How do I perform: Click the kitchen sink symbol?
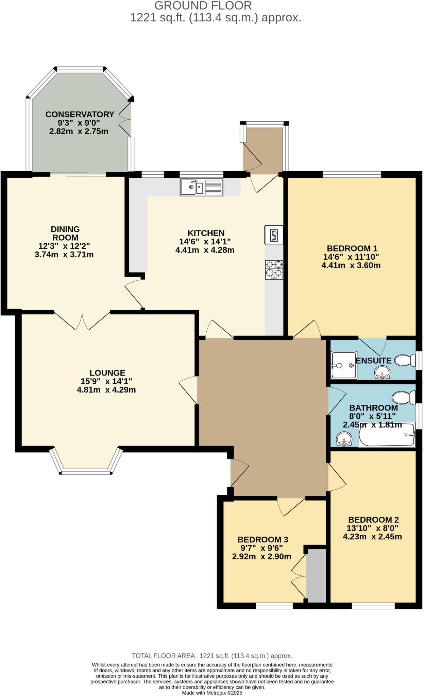(x=201, y=187)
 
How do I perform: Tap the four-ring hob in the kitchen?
(x=274, y=269)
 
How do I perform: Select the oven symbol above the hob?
(x=274, y=235)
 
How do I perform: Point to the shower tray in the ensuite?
(x=344, y=365)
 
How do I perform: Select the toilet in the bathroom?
(x=403, y=397)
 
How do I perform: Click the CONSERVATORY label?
(x=80, y=115)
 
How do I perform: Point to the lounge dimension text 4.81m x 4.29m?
(x=106, y=390)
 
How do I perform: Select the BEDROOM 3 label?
(x=263, y=539)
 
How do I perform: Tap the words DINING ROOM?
(x=65, y=233)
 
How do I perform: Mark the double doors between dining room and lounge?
(x=82, y=320)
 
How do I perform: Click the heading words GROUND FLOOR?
(x=203, y=6)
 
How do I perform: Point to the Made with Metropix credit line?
(x=212, y=693)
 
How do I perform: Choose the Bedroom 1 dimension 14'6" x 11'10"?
(x=351, y=257)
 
